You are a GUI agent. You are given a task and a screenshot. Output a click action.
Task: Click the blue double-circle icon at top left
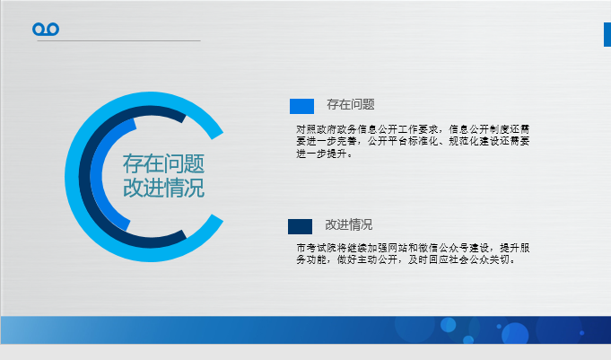click(46, 30)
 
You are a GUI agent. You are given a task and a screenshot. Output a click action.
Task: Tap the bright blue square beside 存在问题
click(301, 106)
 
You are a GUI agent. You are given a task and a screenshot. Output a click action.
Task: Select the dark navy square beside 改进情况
click(300, 226)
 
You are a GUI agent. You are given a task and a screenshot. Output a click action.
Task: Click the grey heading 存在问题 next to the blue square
click(351, 104)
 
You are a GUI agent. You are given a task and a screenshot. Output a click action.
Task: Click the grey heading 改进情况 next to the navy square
click(349, 224)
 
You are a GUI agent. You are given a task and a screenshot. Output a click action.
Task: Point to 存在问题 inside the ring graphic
click(163, 163)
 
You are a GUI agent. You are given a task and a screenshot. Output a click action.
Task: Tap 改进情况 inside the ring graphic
click(163, 188)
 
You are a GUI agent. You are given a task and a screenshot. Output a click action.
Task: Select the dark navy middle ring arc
click(84, 177)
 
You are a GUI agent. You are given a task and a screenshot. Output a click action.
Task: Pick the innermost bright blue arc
click(96, 176)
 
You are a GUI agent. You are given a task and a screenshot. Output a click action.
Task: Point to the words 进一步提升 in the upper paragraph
click(321, 154)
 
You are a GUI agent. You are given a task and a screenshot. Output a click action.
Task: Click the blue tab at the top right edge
click(607, 35)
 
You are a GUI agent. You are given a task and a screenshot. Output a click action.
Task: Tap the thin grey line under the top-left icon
click(118, 40)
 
